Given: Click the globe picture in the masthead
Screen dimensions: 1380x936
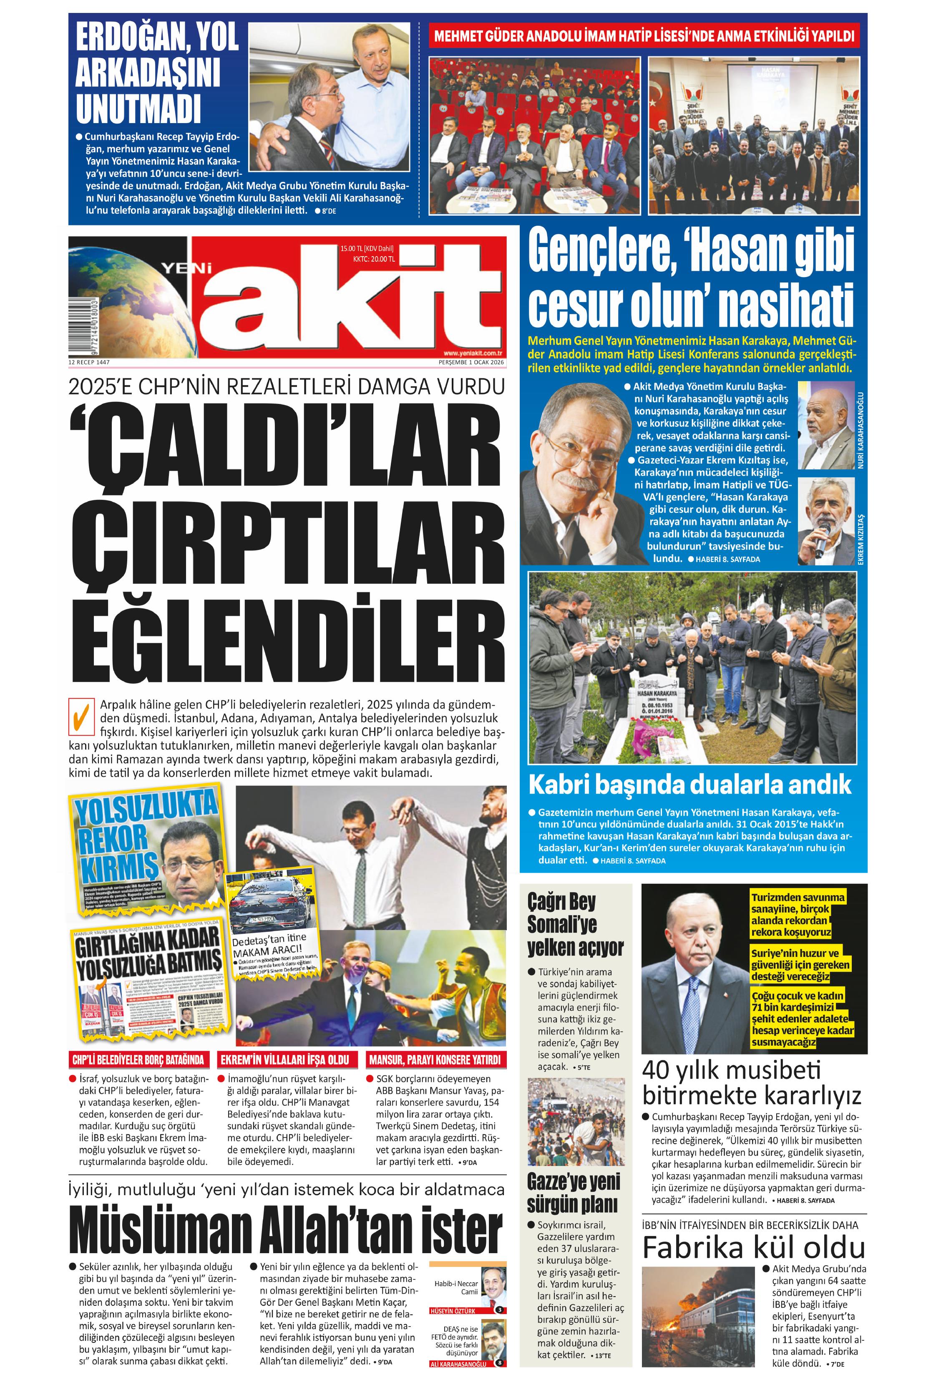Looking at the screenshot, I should tap(125, 297).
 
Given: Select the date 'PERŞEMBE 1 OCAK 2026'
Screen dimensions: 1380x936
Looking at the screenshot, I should tap(471, 362).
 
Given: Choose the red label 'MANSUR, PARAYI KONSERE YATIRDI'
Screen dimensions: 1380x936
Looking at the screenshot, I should tap(435, 1060).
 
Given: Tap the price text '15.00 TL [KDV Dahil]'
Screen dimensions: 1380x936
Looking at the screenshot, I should tap(367, 248).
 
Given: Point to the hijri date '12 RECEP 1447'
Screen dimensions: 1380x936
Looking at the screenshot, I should tap(89, 362).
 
